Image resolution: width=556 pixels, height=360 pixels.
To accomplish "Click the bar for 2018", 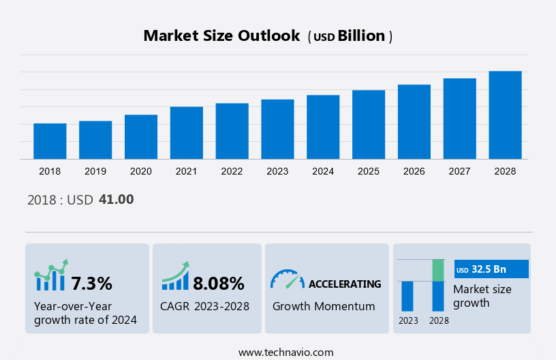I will click(50, 141).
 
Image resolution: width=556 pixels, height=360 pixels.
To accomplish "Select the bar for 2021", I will click(187, 133).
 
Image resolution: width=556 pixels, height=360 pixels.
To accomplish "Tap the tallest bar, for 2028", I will click(505, 115).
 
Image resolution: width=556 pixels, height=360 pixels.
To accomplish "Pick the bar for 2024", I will click(323, 127).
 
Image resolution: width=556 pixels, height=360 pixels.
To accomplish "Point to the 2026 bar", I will click(414, 122).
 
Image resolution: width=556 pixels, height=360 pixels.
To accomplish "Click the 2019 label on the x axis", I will click(95, 171).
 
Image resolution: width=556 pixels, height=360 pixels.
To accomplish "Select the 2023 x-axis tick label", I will click(277, 171).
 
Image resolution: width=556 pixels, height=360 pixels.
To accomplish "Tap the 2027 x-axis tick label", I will click(460, 171).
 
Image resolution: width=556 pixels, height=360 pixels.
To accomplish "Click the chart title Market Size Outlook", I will click(221, 36).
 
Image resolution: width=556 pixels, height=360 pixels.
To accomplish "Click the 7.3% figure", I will click(92, 283).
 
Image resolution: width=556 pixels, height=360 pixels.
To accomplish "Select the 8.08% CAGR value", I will click(218, 283).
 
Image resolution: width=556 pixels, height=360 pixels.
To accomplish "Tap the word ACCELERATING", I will click(345, 284).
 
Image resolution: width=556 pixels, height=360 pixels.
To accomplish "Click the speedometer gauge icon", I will click(287, 279).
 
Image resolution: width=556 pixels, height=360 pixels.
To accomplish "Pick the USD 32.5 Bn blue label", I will click(491, 269).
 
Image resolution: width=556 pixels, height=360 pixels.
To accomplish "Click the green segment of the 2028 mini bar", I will click(438, 270).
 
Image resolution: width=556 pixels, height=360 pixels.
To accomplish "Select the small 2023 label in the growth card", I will click(408, 320).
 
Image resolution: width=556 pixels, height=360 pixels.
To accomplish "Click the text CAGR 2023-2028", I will click(204, 306).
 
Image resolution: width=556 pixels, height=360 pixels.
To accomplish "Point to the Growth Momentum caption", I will click(324, 306).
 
